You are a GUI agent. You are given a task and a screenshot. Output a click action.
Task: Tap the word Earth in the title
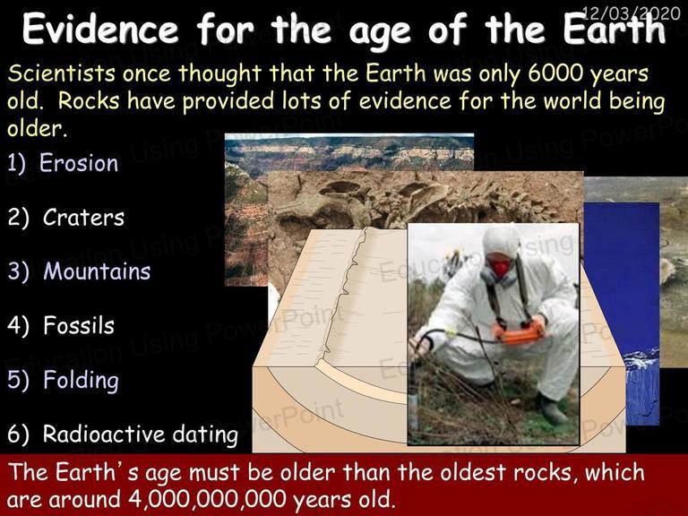pyautogui.click(x=615, y=30)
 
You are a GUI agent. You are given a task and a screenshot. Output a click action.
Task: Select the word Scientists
pyautogui.click(x=62, y=73)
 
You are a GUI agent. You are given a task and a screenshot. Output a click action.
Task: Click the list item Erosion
pyautogui.click(x=79, y=163)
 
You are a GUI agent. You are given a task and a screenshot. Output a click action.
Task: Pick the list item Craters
pyautogui.click(x=84, y=218)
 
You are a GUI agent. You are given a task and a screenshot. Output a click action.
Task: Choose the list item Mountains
pyautogui.click(x=97, y=271)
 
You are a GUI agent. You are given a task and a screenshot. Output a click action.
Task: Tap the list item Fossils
pyautogui.click(x=79, y=325)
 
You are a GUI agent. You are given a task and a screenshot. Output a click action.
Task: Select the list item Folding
pyautogui.click(x=82, y=381)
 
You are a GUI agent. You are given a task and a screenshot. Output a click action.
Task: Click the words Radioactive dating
pyautogui.click(x=141, y=434)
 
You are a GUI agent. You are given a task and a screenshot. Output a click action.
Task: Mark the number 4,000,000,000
pyautogui.click(x=207, y=499)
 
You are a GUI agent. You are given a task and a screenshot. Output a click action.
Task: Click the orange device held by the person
pyautogui.click(x=520, y=332)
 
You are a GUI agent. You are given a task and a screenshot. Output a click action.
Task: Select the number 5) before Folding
pyautogui.click(x=18, y=380)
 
